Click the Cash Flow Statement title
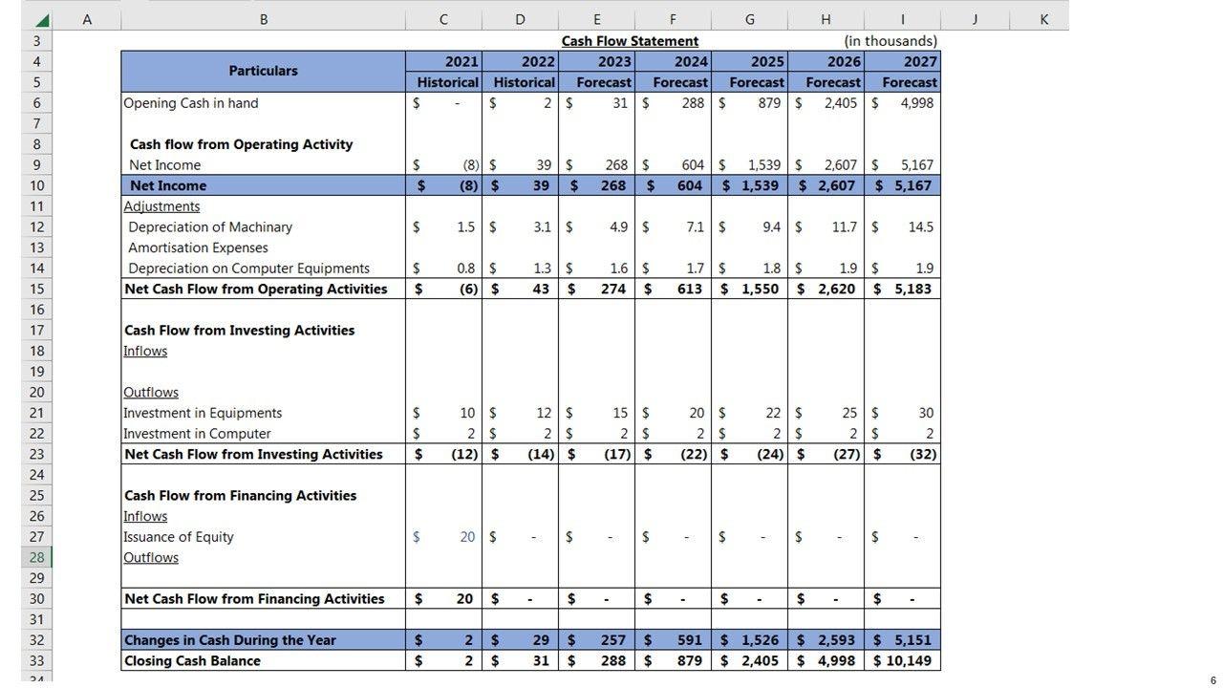630,41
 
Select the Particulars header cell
263,71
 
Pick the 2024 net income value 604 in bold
689,185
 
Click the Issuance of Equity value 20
466,537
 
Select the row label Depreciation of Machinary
210,227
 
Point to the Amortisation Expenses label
198,247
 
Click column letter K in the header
1043,18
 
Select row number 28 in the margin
36,558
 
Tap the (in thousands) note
890,41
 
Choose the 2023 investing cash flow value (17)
613,455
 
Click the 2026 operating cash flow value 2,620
836,289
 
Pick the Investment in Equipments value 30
925,413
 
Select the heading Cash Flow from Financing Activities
240,496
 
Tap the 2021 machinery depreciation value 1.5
465,227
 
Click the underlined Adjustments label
161,206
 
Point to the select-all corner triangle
41,19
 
